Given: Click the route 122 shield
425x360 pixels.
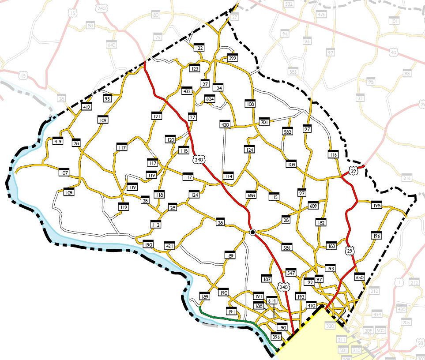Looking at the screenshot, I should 199,48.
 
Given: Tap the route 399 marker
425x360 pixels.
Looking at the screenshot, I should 233,58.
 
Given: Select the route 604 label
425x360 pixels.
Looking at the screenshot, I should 210,99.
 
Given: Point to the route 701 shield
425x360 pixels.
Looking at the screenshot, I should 264,122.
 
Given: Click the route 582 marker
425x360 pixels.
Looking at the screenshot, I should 288,131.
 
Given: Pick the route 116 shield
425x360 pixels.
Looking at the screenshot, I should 333,154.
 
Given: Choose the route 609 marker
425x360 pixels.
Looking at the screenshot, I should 313,206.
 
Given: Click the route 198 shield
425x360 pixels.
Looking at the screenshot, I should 376,206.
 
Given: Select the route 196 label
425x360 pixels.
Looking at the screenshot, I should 376,236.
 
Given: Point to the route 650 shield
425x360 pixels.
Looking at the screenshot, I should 360,277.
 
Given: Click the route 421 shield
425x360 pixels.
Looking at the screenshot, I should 170,246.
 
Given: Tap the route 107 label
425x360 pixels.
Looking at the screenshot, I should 65,172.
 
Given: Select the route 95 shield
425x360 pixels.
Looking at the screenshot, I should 107,98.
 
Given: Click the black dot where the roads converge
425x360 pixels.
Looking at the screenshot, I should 252,232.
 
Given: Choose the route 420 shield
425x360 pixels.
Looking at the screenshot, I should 225,125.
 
